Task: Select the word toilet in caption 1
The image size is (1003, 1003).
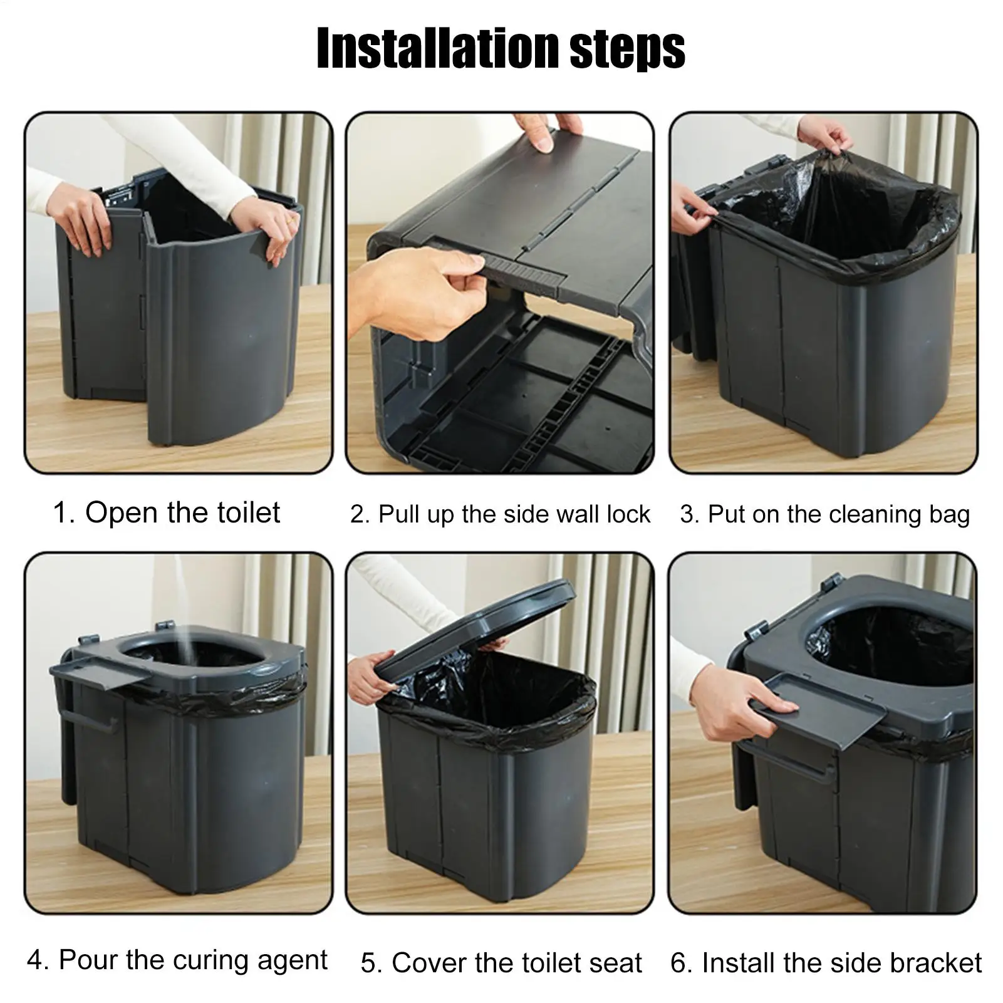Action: [248, 512]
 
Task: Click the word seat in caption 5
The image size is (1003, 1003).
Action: [616, 963]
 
